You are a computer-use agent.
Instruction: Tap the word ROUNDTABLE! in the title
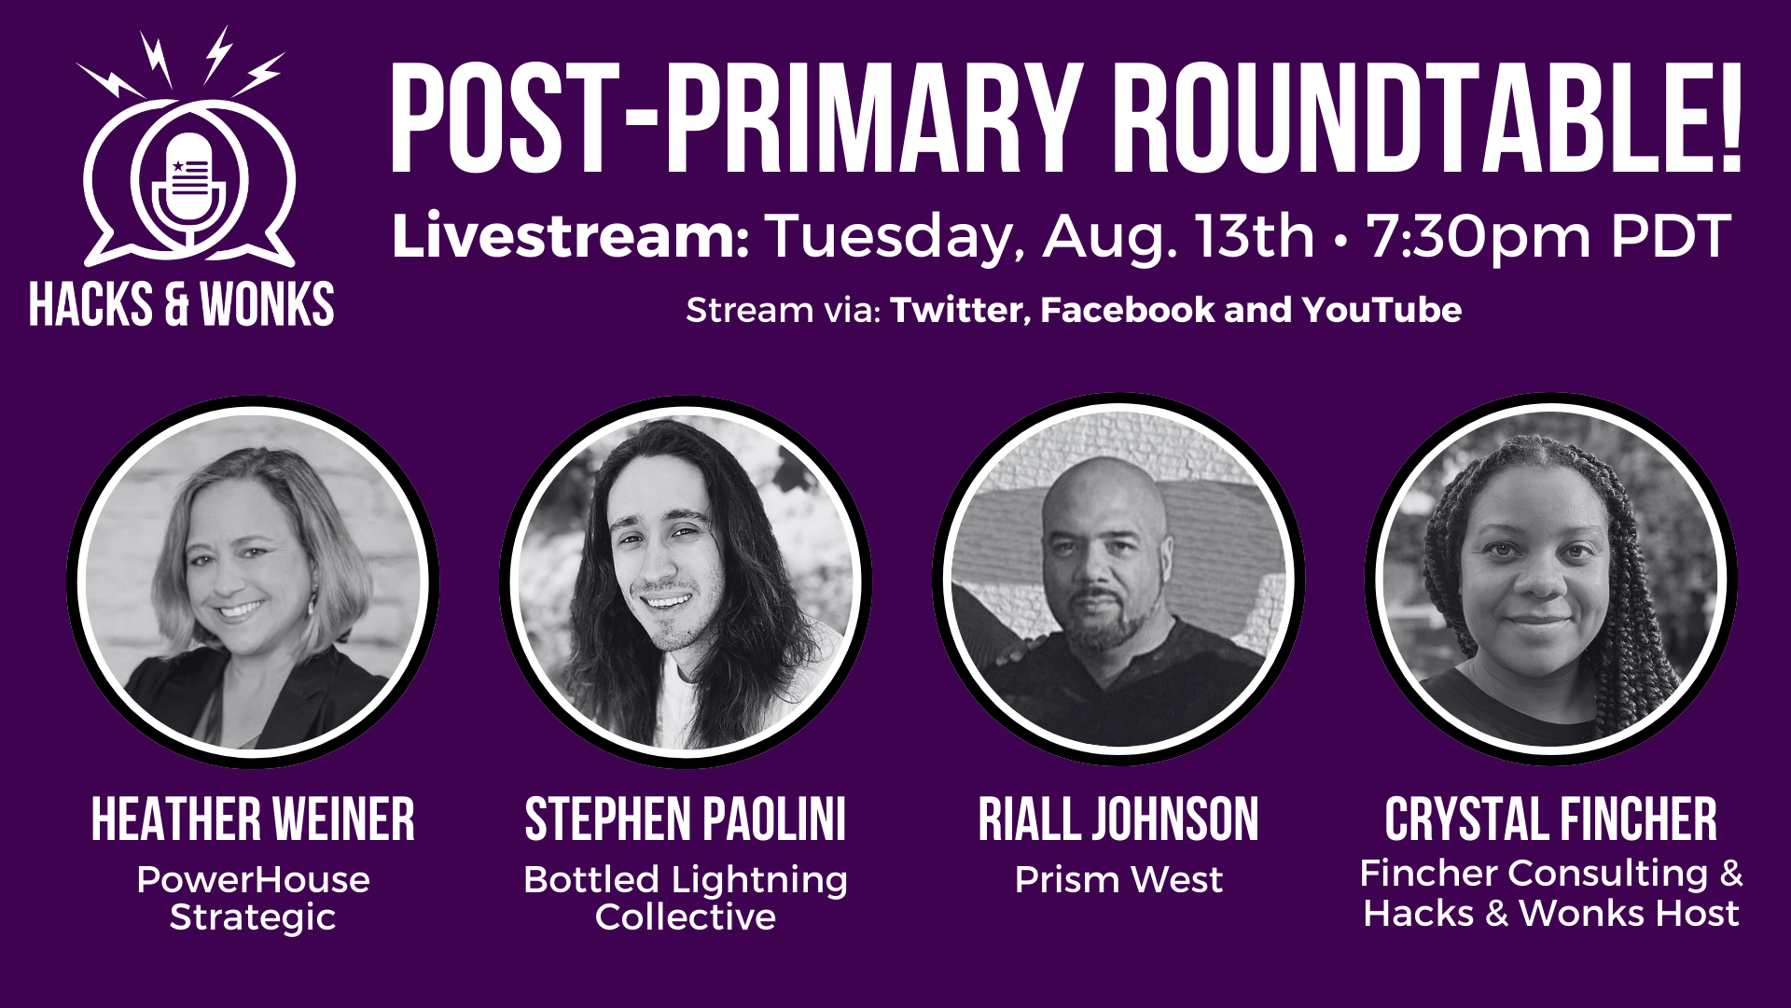1427,119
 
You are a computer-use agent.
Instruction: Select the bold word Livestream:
570,236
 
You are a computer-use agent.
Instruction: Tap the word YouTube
1381,310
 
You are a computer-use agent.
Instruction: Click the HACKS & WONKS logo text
182,305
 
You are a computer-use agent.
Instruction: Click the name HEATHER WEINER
253,819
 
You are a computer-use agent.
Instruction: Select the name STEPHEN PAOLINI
686,819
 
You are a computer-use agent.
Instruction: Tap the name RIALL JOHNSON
1118,819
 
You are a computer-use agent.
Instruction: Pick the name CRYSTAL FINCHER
1550,819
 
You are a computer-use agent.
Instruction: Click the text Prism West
1118,879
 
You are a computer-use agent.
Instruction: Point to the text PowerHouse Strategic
253,898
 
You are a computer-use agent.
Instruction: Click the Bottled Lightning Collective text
686,898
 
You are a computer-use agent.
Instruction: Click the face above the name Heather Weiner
247,560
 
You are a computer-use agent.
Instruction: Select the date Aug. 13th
1178,236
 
